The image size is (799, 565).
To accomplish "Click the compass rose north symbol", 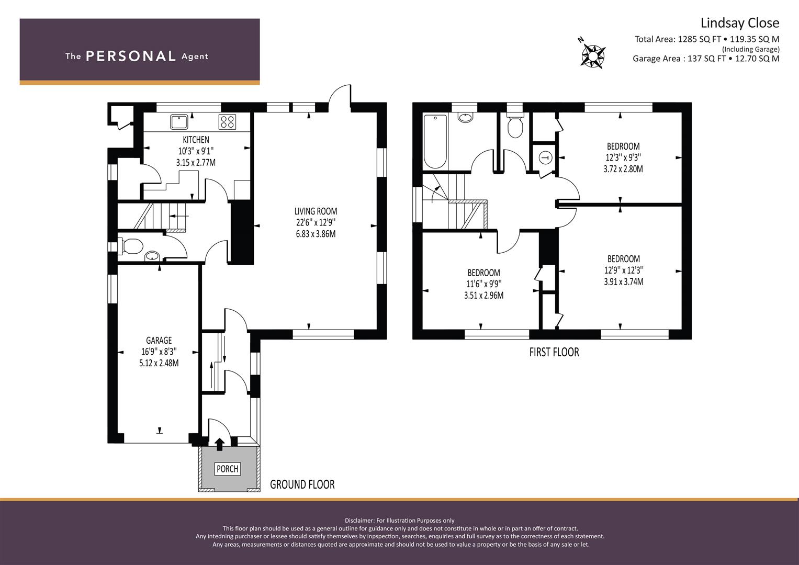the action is pyautogui.click(x=592, y=56).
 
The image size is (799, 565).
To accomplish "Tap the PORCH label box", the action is pyautogui.click(x=227, y=469).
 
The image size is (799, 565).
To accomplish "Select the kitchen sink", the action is pyautogui.click(x=179, y=121).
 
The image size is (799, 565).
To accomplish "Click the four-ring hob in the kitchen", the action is pyautogui.click(x=227, y=121).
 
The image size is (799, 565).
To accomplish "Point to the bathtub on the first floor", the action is pyautogui.click(x=435, y=142).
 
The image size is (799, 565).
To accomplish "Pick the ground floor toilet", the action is pyautogui.click(x=131, y=246).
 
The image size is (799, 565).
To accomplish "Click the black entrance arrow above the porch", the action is pyautogui.click(x=219, y=444).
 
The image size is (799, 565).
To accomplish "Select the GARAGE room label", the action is pyautogui.click(x=159, y=340).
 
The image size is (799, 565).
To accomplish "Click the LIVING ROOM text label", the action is pyautogui.click(x=316, y=211).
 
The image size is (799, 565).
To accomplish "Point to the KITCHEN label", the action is pyautogui.click(x=196, y=140).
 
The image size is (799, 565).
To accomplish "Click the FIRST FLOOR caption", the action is pyautogui.click(x=554, y=352).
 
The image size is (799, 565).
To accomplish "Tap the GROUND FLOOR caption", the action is pyautogui.click(x=302, y=484).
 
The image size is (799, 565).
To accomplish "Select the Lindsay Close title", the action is pyautogui.click(x=740, y=23).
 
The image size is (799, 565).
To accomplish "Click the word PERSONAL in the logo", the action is pyautogui.click(x=131, y=56).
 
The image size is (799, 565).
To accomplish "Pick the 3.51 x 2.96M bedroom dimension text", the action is pyautogui.click(x=483, y=296).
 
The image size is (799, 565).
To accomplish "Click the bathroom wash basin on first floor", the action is pyautogui.click(x=465, y=117).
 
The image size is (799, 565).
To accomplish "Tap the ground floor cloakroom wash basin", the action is pyautogui.click(x=152, y=256).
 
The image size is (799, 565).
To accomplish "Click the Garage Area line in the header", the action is pyautogui.click(x=706, y=59).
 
